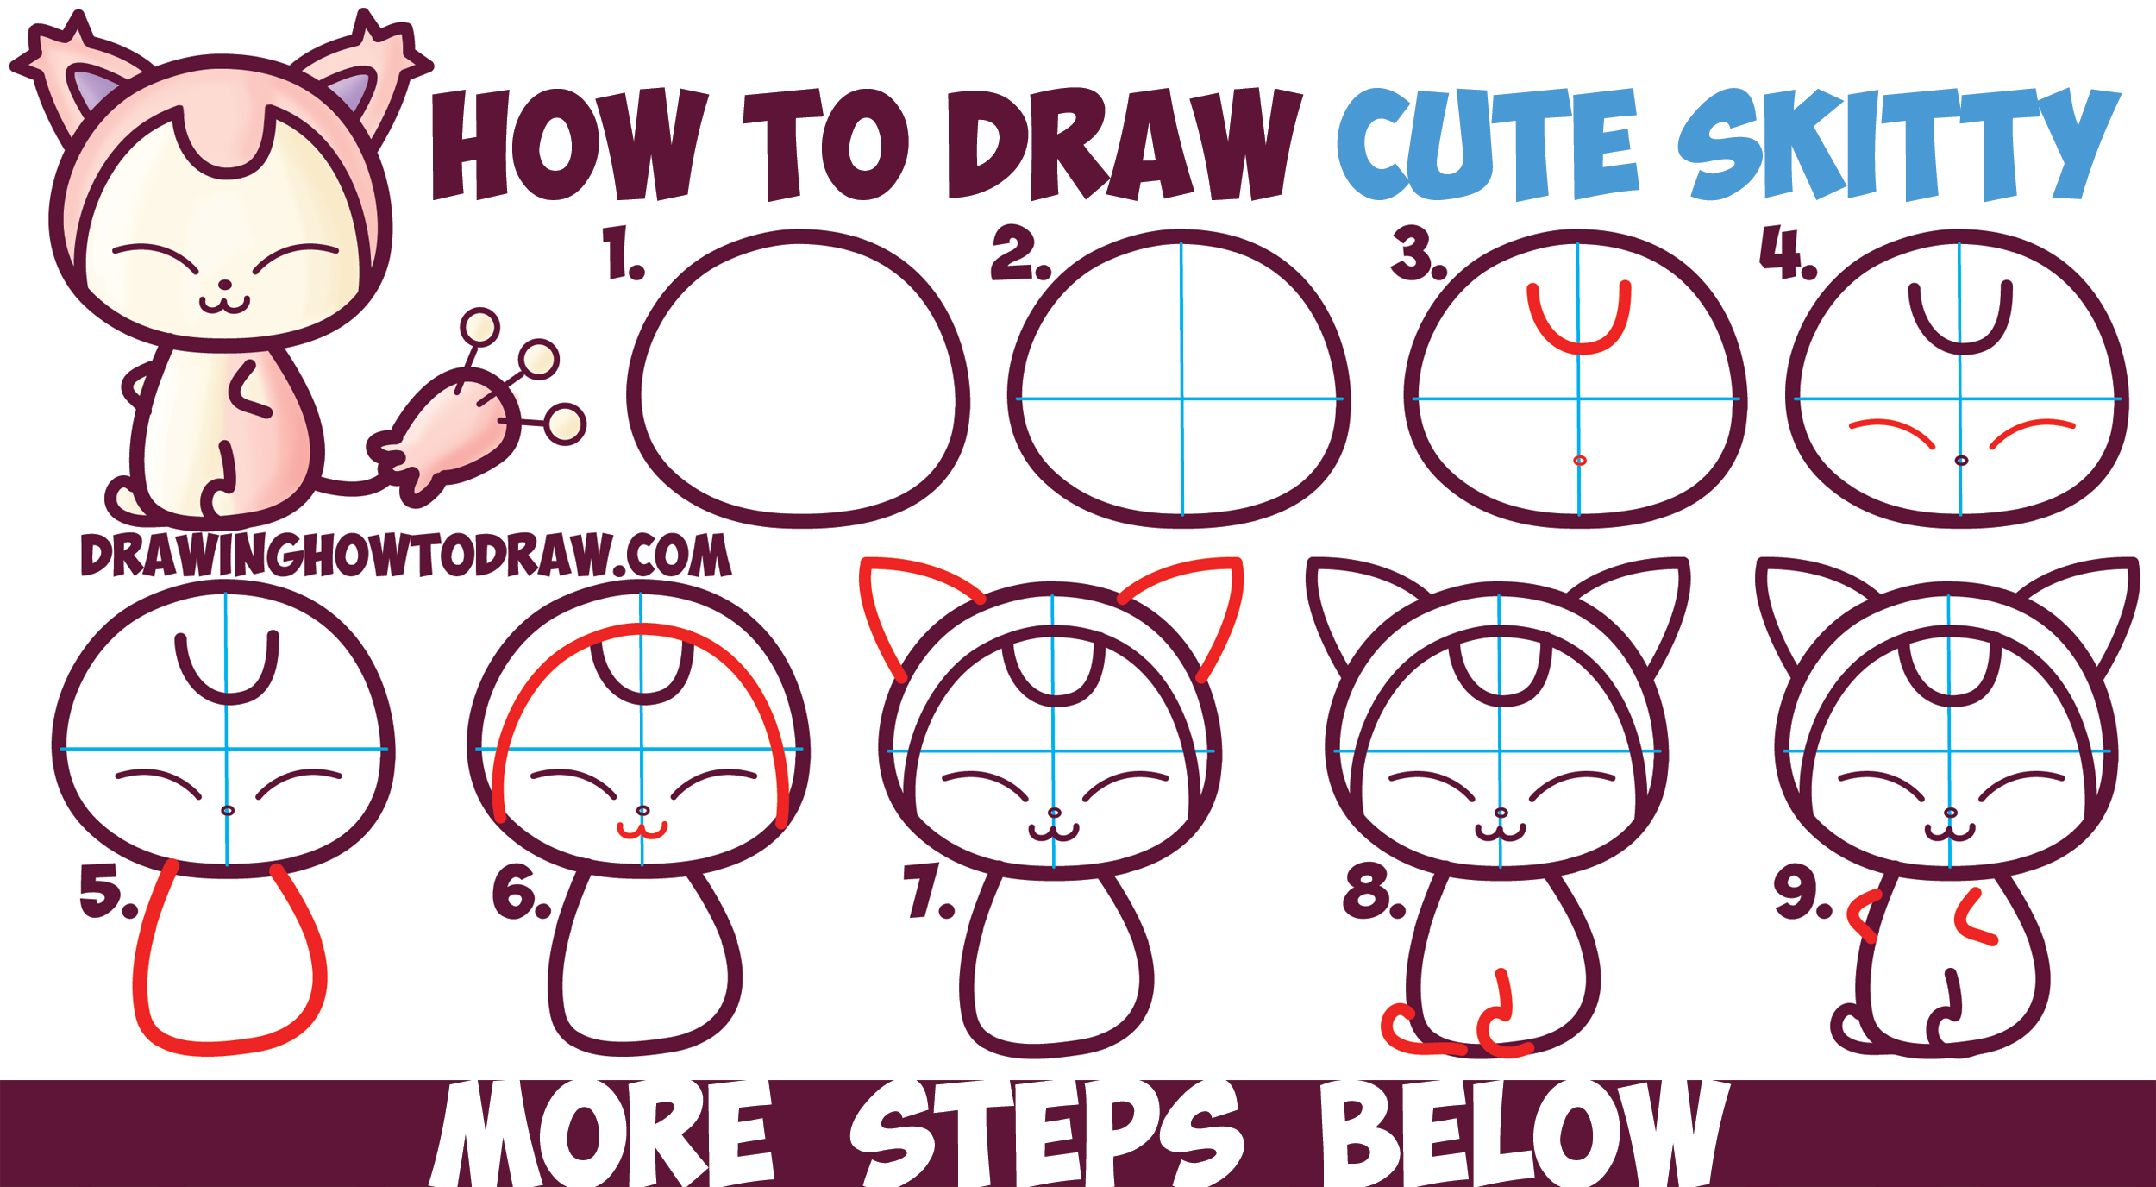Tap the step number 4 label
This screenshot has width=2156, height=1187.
[x=1787, y=254]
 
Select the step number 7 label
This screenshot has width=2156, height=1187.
[x=927, y=892]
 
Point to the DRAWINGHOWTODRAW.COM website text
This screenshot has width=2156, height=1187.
[x=405, y=556]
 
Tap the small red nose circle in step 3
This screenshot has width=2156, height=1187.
[x=1580, y=461]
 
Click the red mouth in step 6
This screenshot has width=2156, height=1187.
[x=642, y=830]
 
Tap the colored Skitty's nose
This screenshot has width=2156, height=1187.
[x=224, y=285]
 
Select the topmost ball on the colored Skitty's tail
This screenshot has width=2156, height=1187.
[x=479, y=328]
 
